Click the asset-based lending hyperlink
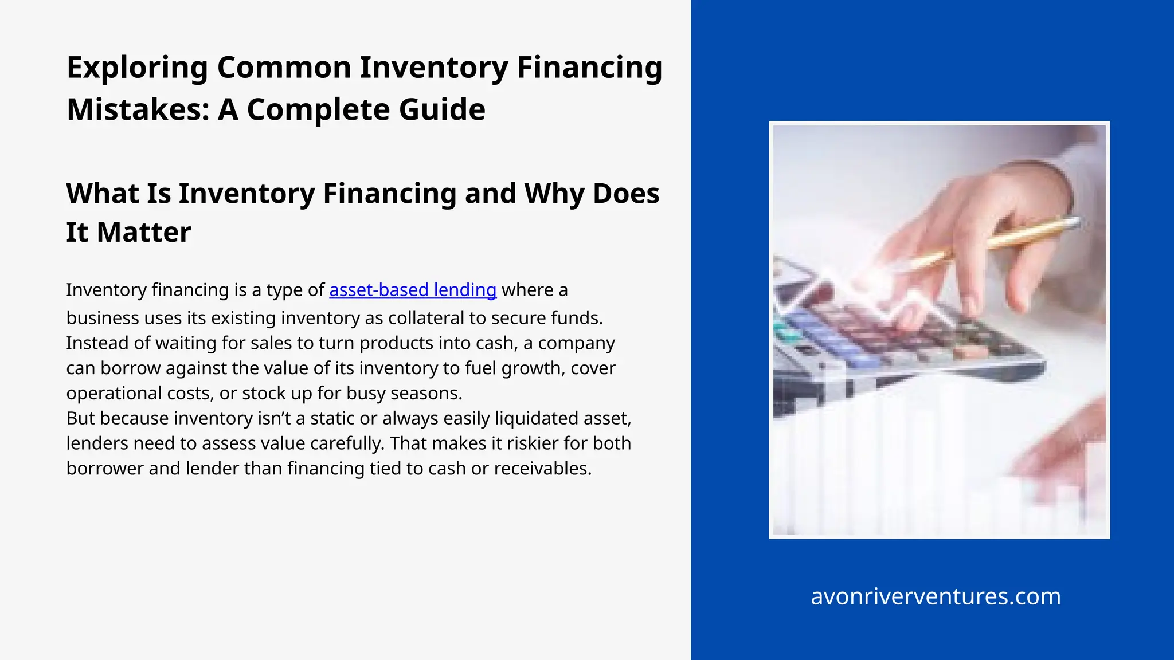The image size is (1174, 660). (413, 290)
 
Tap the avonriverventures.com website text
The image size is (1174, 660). (936, 596)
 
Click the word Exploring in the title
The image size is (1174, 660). (137, 68)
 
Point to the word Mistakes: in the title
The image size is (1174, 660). (138, 109)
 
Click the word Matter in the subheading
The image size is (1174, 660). (144, 232)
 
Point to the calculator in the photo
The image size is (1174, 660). (894, 338)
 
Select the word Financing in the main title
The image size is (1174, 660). (589, 68)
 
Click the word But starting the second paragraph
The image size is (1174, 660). (80, 418)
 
